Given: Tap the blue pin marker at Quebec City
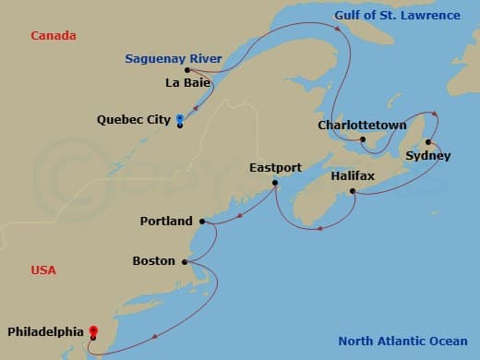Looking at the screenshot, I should (x=179, y=118).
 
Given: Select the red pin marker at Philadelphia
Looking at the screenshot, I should (x=92, y=330).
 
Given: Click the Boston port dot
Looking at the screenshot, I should (x=185, y=261).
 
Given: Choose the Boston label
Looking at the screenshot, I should (x=153, y=261).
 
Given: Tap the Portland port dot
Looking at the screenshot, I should (x=202, y=222).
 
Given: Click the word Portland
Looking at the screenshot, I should (x=166, y=222).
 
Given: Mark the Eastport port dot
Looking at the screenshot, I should (x=275, y=183).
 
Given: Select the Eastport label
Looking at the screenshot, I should (x=275, y=168).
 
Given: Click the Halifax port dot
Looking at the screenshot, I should (x=353, y=191).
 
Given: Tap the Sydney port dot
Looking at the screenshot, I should (x=428, y=142).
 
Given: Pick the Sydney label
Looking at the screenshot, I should (x=428, y=156).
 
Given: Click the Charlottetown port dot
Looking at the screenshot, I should (x=363, y=139).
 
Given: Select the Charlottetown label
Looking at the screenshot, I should (x=362, y=125).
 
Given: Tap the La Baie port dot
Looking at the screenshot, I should (x=187, y=70).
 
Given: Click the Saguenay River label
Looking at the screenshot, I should (x=174, y=59).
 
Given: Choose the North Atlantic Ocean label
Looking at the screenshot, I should (x=403, y=339).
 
